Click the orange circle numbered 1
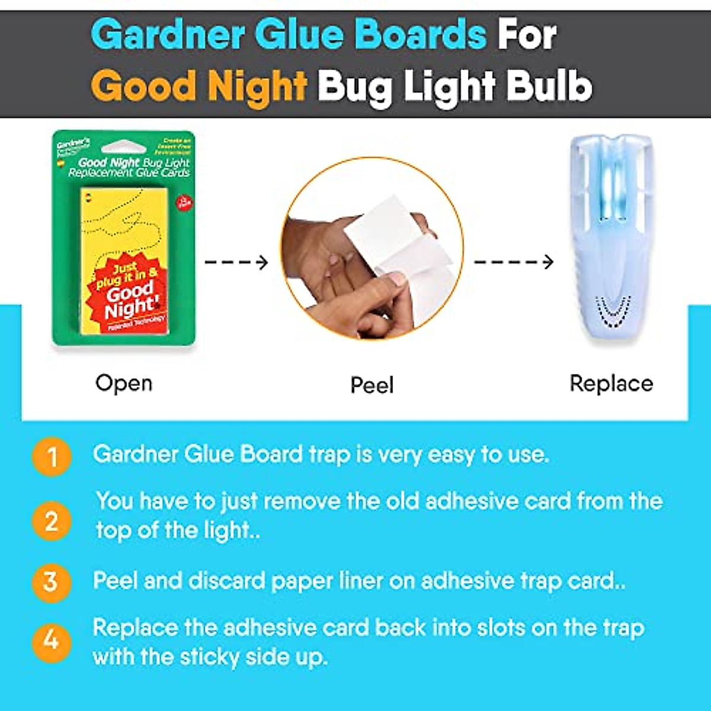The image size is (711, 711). [52, 457]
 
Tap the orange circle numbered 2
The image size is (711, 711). [52, 521]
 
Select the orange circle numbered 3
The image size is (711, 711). [52, 582]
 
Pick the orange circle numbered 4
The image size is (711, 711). [52, 642]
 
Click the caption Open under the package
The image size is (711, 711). [124, 383]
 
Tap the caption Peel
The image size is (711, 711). [372, 386]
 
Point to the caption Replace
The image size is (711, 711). [611, 384]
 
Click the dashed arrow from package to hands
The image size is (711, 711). [236, 262]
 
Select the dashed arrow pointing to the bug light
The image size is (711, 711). [514, 262]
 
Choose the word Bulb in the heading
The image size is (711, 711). [554, 86]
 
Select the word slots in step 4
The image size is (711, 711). [498, 628]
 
